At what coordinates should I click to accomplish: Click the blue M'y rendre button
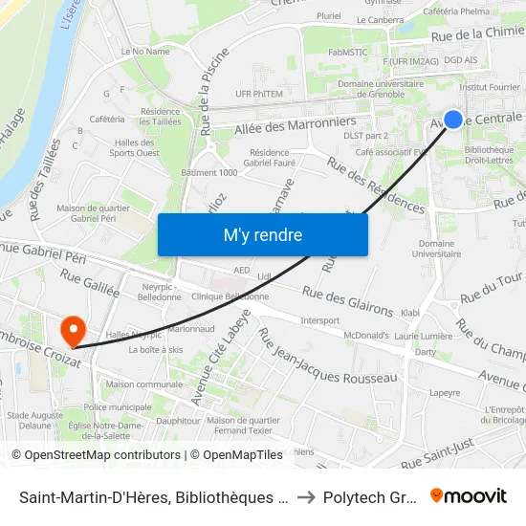pos(262,234)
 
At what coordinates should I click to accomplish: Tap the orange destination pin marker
pos(72,331)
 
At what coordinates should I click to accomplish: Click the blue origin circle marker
pos(453,120)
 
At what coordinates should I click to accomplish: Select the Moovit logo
pos(468,496)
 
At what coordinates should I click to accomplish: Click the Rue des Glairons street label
pos(347,301)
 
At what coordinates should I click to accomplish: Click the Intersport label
pos(320,319)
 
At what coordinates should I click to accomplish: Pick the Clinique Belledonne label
pos(229,296)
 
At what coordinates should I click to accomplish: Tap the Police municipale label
pos(118,406)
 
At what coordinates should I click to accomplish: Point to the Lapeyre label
pos(445,392)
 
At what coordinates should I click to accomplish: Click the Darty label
pos(424,352)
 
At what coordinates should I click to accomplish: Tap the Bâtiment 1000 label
pos(208,172)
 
